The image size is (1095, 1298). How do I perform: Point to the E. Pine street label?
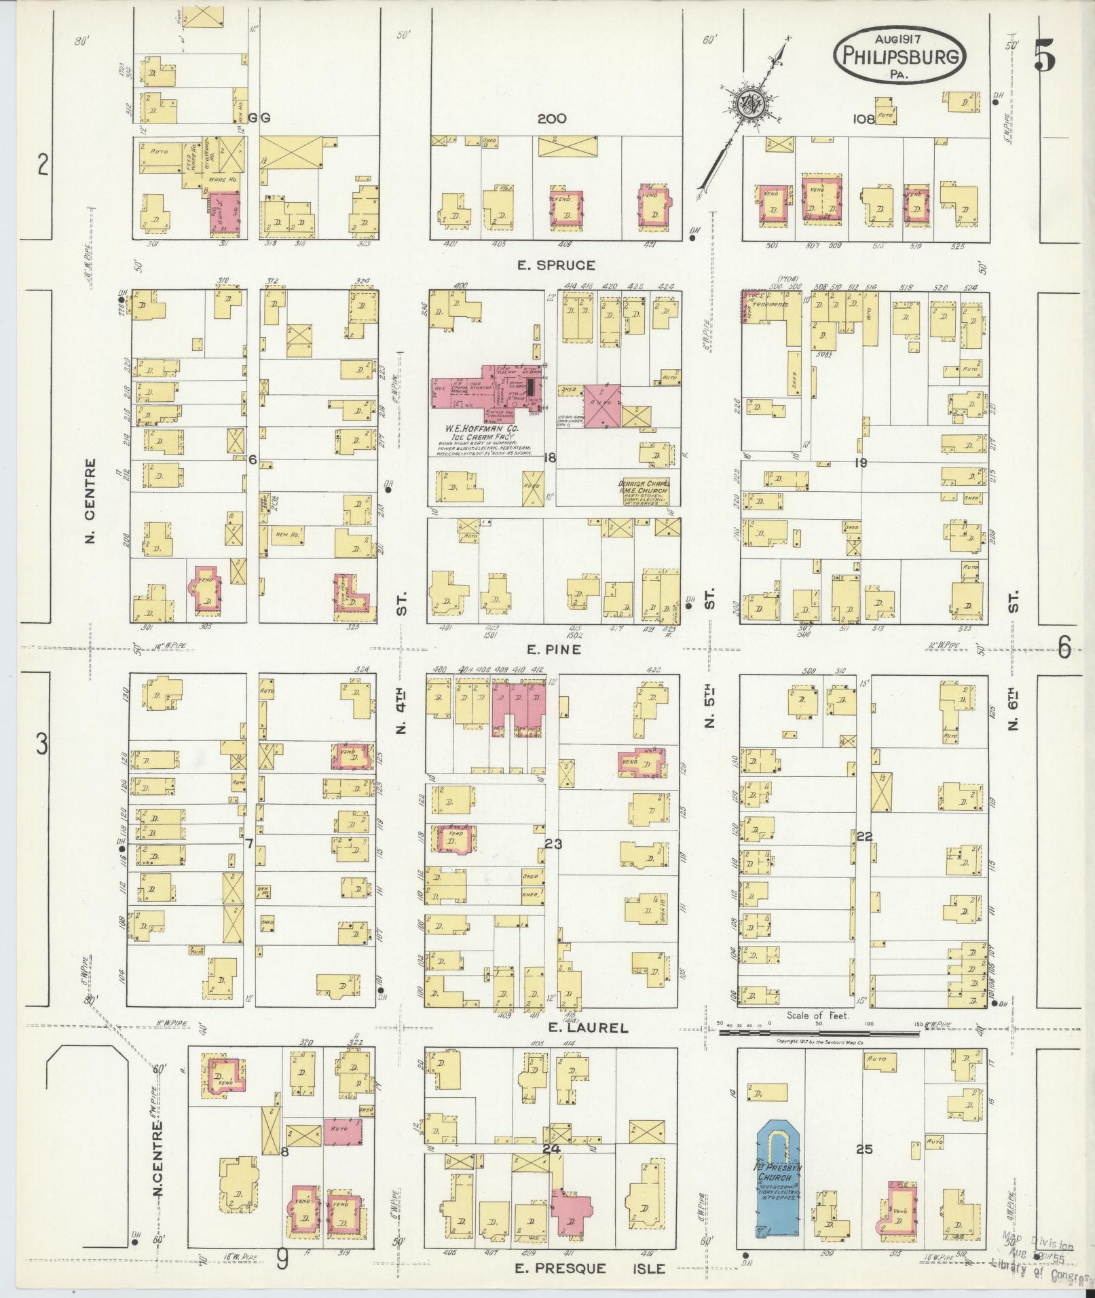pyautogui.click(x=554, y=649)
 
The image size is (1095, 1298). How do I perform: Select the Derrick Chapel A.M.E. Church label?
pyautogui.click(x=643, y=487)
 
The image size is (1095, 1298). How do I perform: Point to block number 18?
pyautogui.click(x=549, y=458)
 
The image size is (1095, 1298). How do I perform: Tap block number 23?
pyautogui.click(x=553, y=843)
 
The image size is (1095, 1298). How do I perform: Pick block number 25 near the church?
pyautogui.click(x=864, y=1149)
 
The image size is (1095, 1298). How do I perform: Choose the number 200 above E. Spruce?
pyautogui.click(x=551, y=119)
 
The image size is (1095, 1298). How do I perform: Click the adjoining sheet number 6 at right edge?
pyautogui.click(x=1064, y=649)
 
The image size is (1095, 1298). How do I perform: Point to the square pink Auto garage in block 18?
pyautogui.click(x=603, y=406)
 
